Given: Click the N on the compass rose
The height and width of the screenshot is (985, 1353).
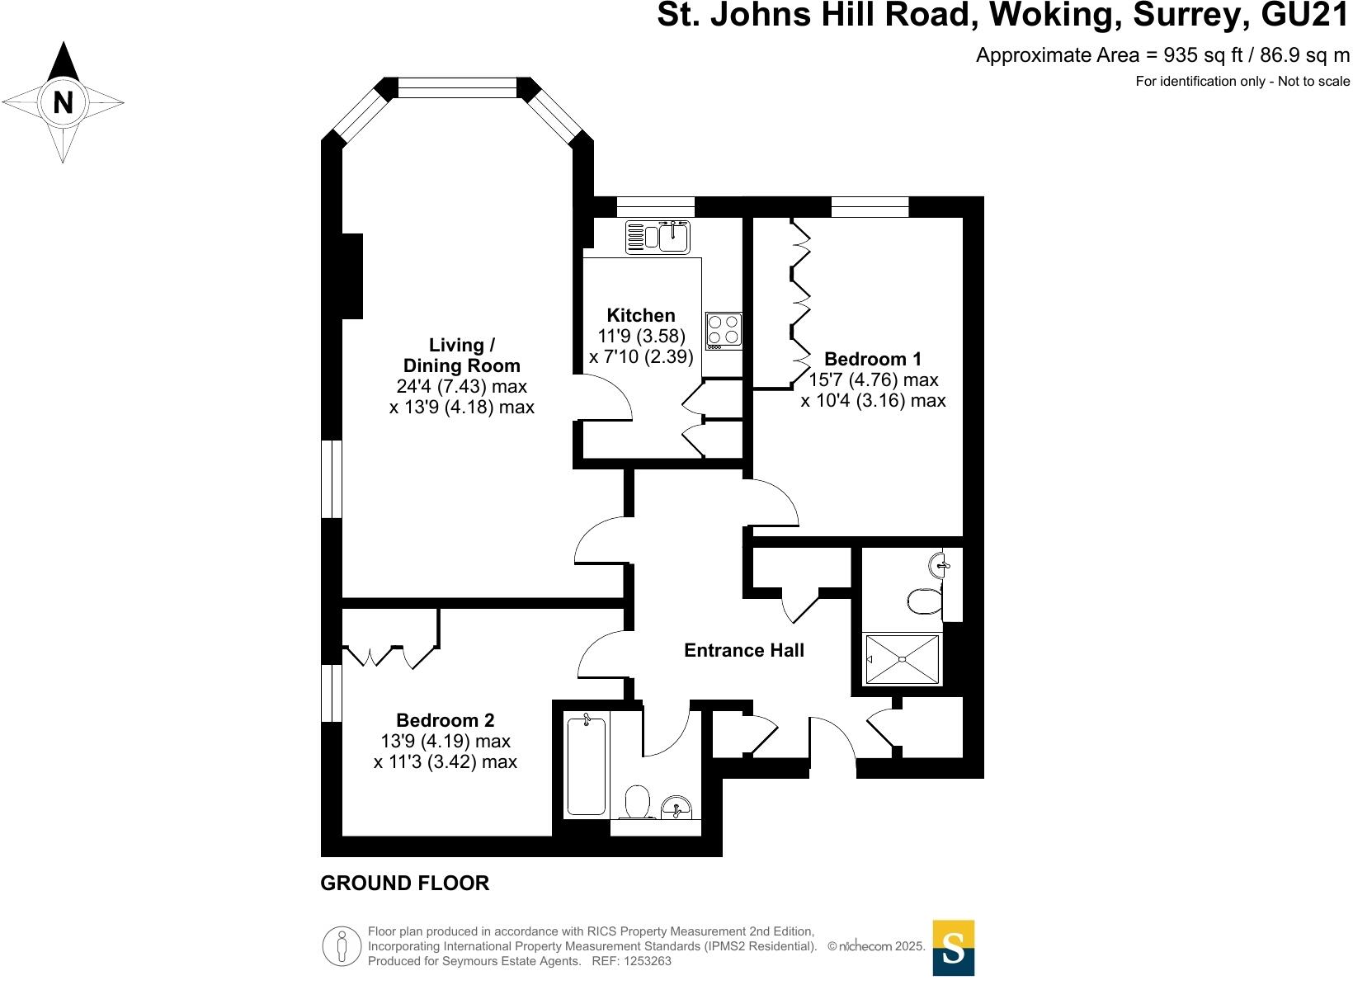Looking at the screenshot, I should pos(64,103).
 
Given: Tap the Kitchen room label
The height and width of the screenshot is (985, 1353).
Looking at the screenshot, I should pos(640,315).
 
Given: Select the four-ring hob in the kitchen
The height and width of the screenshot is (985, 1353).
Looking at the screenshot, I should pos(724,330).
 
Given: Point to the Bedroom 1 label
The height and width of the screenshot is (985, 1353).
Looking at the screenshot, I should pos(873,359).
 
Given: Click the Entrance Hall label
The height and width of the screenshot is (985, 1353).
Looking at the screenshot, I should pos(743,650).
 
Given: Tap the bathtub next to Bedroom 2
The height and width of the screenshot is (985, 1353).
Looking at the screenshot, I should pos(587,766).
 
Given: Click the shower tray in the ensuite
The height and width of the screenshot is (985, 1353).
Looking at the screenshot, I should pos(902,659).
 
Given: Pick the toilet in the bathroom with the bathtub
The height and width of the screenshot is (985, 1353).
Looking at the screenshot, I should pos(637,802).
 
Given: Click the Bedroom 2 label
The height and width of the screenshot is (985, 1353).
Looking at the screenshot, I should pos(445,720).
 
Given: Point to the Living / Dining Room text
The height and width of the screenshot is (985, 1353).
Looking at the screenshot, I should pos(461,356).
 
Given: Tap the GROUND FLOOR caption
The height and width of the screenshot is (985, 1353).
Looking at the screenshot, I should pos(404,884).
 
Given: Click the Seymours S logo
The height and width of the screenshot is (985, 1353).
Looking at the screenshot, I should pos(953,948).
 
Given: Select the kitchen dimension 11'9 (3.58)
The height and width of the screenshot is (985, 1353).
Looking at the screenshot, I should pos(641,336).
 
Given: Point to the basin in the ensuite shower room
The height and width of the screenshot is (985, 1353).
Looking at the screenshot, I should pos(940,565).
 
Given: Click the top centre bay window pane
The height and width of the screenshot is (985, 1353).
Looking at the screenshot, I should pos(457,88).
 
